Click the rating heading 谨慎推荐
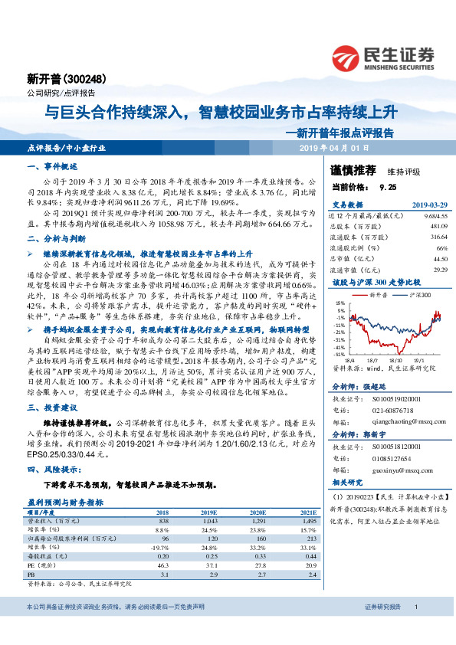coord(353,170)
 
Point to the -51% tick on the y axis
coord(338,354)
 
